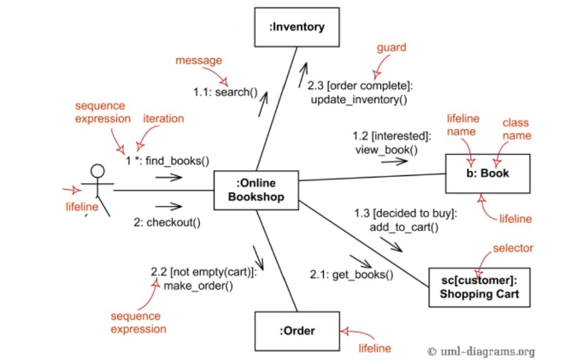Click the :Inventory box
click(x=297, y=27)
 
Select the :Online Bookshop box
click(x=256, y=190)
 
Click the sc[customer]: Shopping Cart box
click(x=479, y=286)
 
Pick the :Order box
click(x=297, y=331)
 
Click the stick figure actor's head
click(x=97, y=170)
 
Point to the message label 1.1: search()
click(x=225, y=91)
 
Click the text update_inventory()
click(x=359, y=99)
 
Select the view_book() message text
click(x=386, y=150)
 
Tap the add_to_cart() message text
click(x=403, y=227)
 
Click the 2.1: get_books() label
click(x=351, y=274)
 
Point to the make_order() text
click(x=198, y=285)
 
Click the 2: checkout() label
click(x=167, y=222)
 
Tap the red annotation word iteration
click(x=162, y=119)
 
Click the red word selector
click(x=513, y=248)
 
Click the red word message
click(x=198, y=61)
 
